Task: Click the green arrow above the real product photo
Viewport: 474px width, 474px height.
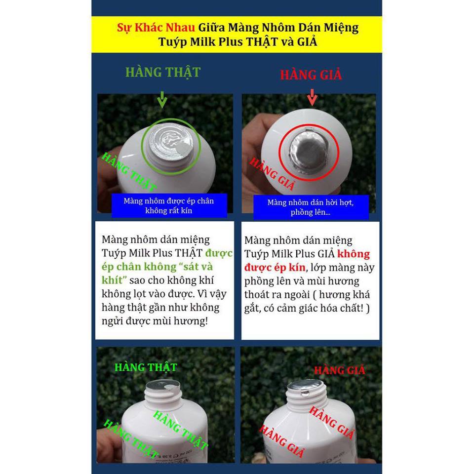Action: pos(162,99)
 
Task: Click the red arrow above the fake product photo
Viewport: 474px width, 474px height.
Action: pos(312,97)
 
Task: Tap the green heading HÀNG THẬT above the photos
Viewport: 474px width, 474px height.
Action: pos(163,73)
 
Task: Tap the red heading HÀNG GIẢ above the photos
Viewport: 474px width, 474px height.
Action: pos(311,75)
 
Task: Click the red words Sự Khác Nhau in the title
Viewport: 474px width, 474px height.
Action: pos(156,28)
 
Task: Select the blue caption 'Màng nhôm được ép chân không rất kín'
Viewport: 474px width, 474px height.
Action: pos(169,205)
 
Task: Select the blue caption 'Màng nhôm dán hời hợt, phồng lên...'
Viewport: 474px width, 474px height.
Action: pos(311,207)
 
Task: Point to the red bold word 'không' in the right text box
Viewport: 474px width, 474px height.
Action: pos(354,254)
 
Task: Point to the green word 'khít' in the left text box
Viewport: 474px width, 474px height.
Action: pos(113,280)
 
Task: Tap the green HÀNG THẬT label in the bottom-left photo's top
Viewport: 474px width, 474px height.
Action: pos(146,367)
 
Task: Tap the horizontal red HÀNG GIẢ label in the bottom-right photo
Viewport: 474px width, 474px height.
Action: pos(340,370)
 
